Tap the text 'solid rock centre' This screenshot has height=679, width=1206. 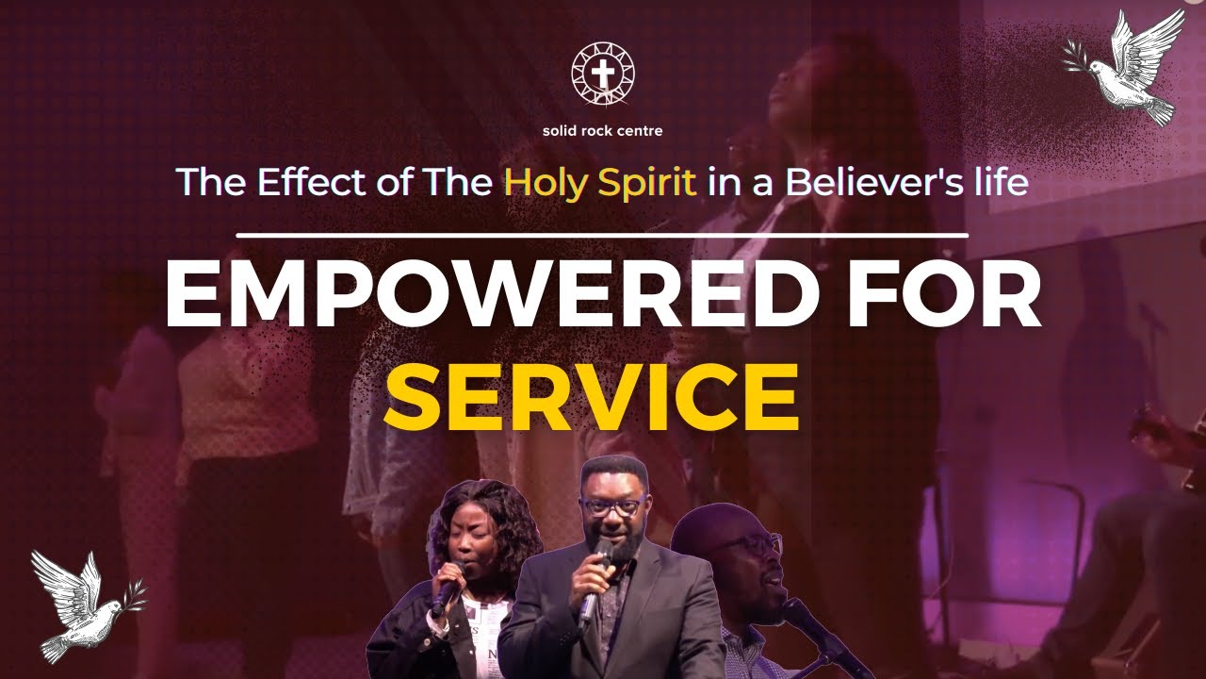point(603,130)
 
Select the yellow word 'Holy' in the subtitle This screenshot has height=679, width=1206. point(536,182)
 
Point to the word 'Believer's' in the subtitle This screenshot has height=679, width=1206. point(856,182)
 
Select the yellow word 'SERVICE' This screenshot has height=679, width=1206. point(591,396)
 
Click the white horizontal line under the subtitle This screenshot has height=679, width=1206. point(602,234)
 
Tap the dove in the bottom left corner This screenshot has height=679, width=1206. point(80,604)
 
